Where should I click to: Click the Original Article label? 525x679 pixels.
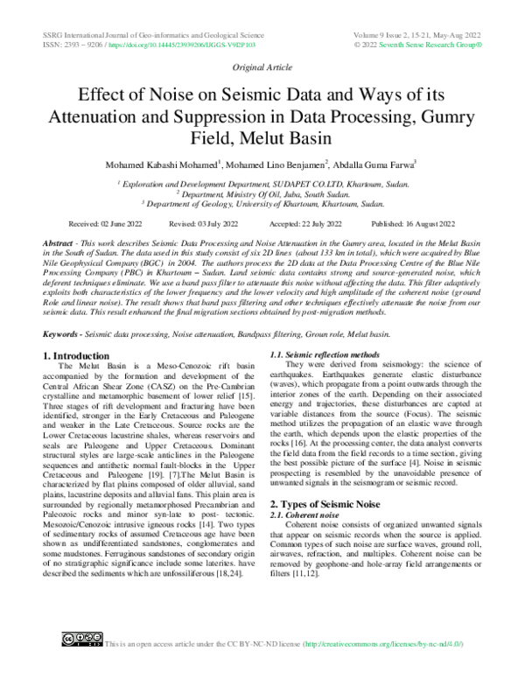pos(262,66)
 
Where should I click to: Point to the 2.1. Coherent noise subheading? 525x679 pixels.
pos(303,516)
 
